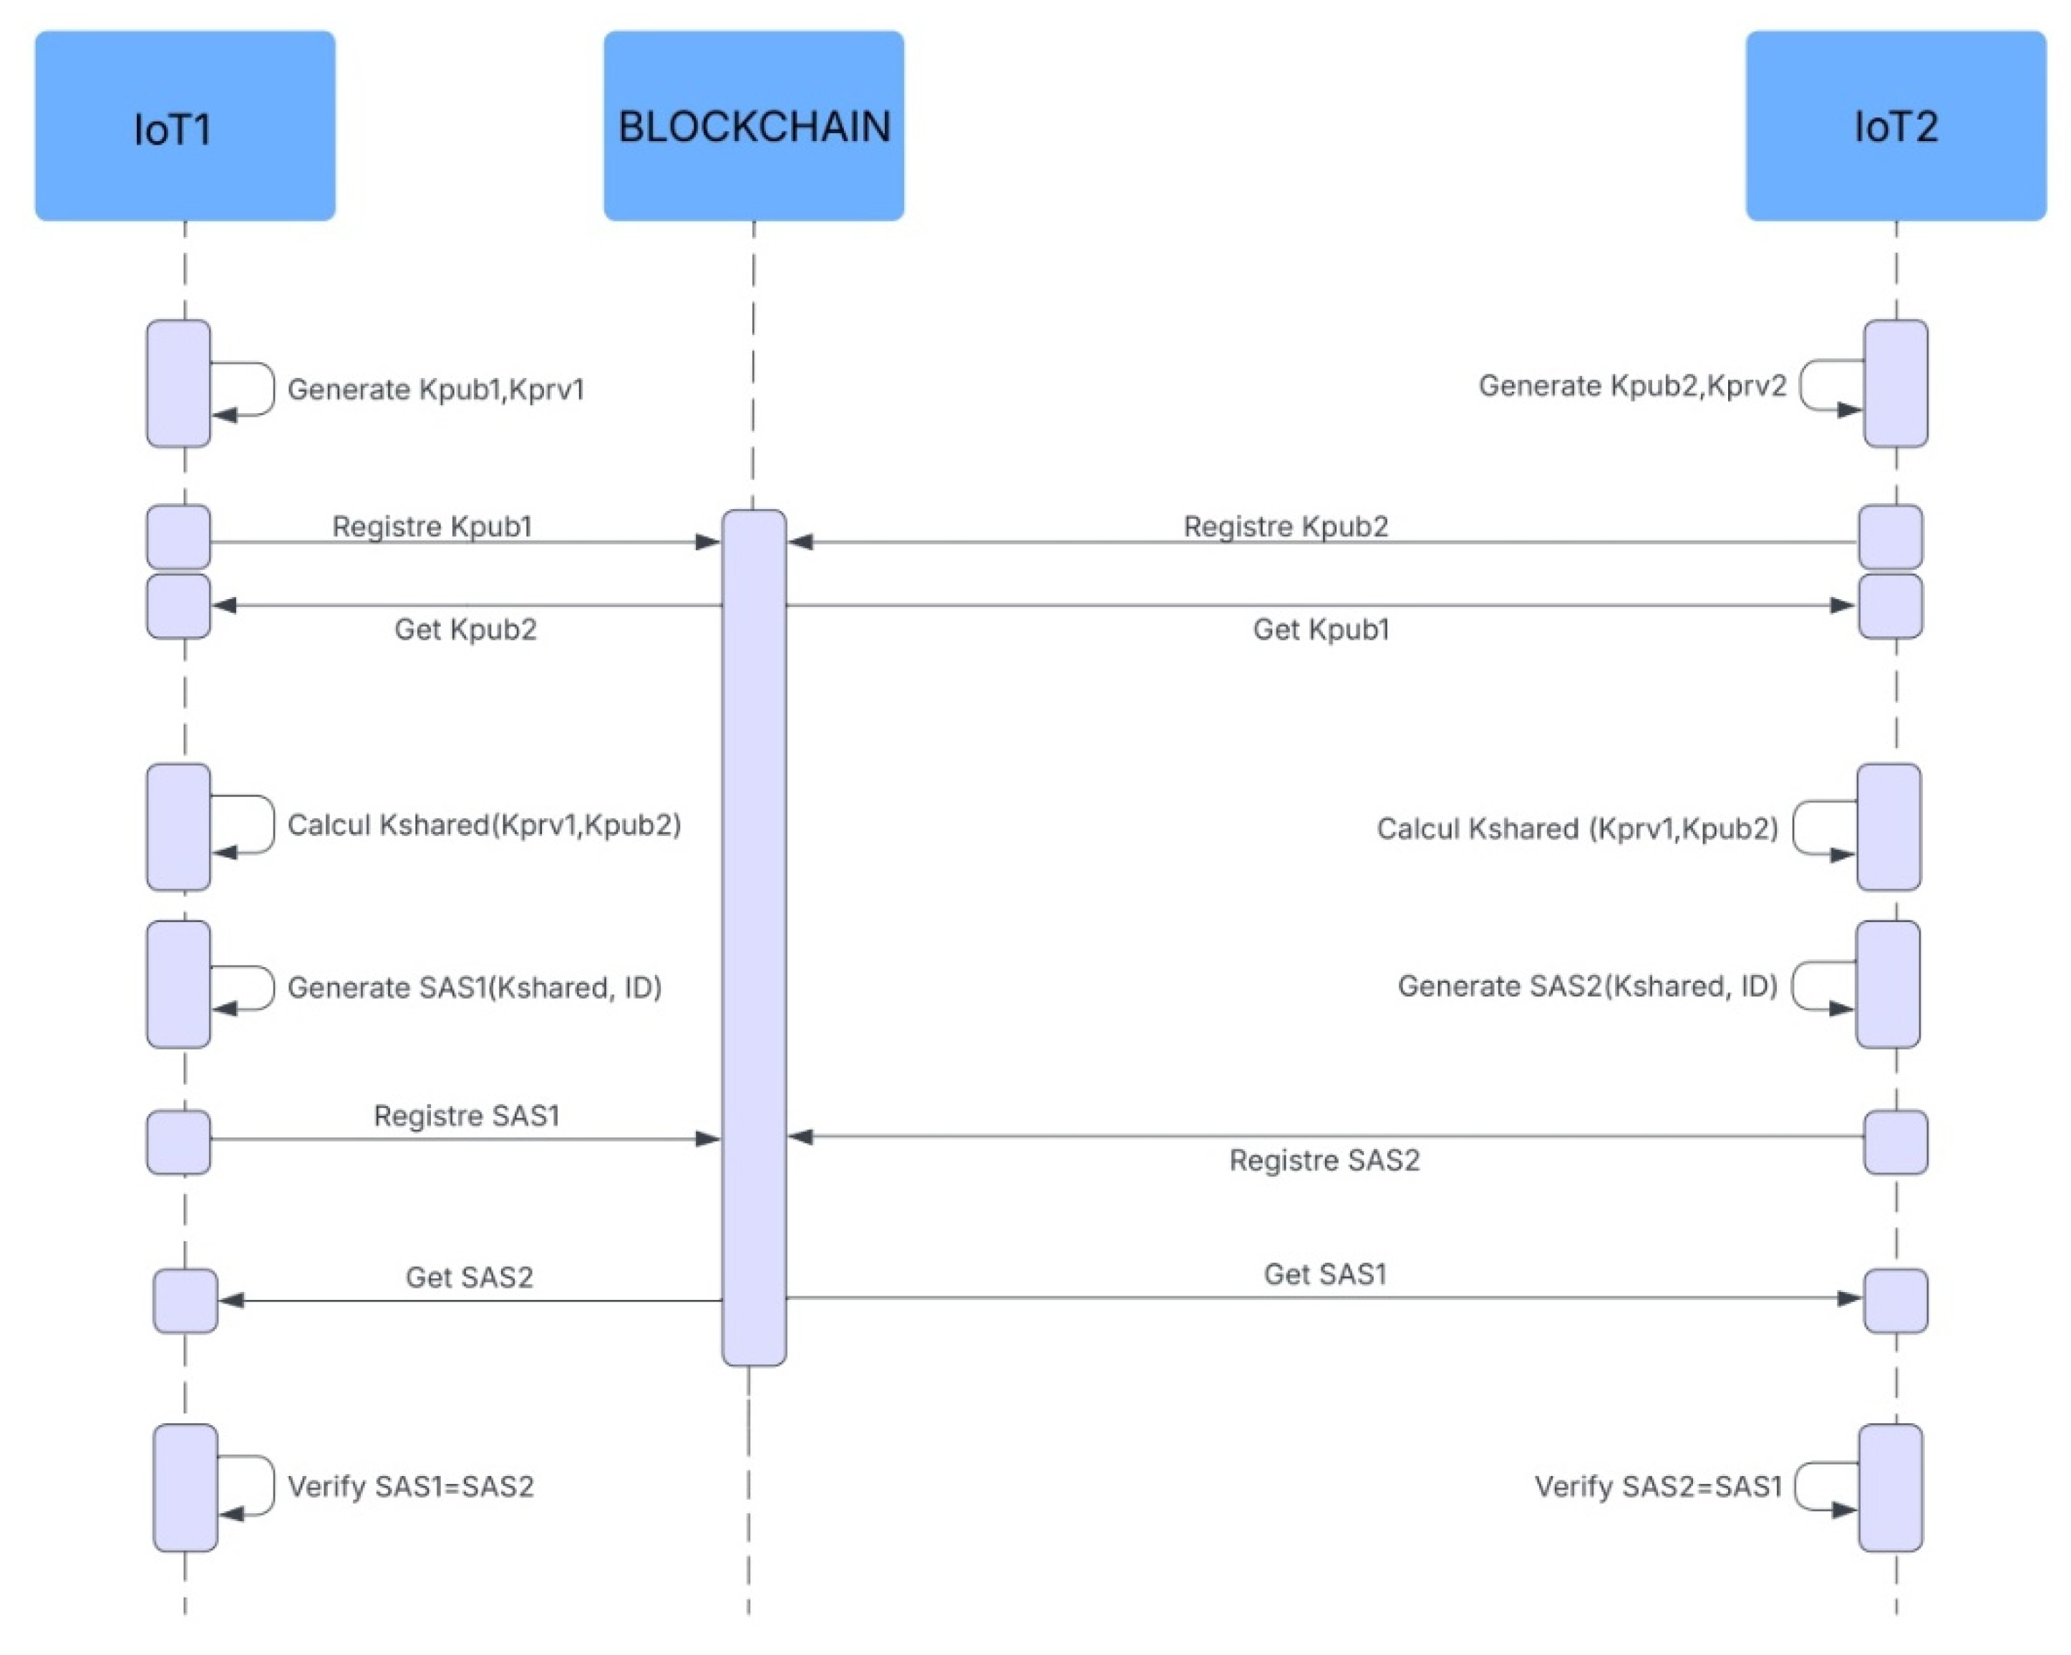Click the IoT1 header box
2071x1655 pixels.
(x=185, y=126)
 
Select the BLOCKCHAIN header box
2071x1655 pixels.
(x=753, y=126)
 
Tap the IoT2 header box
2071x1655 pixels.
(x=1895, y=126)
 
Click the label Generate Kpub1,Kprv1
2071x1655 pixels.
(x=435, y=389)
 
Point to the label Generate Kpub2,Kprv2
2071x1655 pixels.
(x=1631, y=385)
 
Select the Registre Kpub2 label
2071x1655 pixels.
(x=1285, y=525)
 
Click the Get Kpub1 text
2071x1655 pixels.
(x=1321, y=629)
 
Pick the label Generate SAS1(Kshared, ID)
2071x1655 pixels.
(x=475, y=987)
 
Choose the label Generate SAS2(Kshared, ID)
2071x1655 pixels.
(x=1587, y=986)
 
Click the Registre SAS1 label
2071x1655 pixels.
(x=466, y=1115)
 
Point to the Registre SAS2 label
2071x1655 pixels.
(x=1324, y=1160)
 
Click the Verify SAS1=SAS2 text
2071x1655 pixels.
(x=410, y=1486)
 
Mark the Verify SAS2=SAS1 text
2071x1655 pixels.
(x=1657, y=1486)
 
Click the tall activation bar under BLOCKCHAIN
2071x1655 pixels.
(x=754, y=936)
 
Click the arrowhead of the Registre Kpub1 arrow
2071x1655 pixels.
(x=709, y=542)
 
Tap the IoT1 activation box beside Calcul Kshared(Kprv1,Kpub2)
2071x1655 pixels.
(x=179, y=827)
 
